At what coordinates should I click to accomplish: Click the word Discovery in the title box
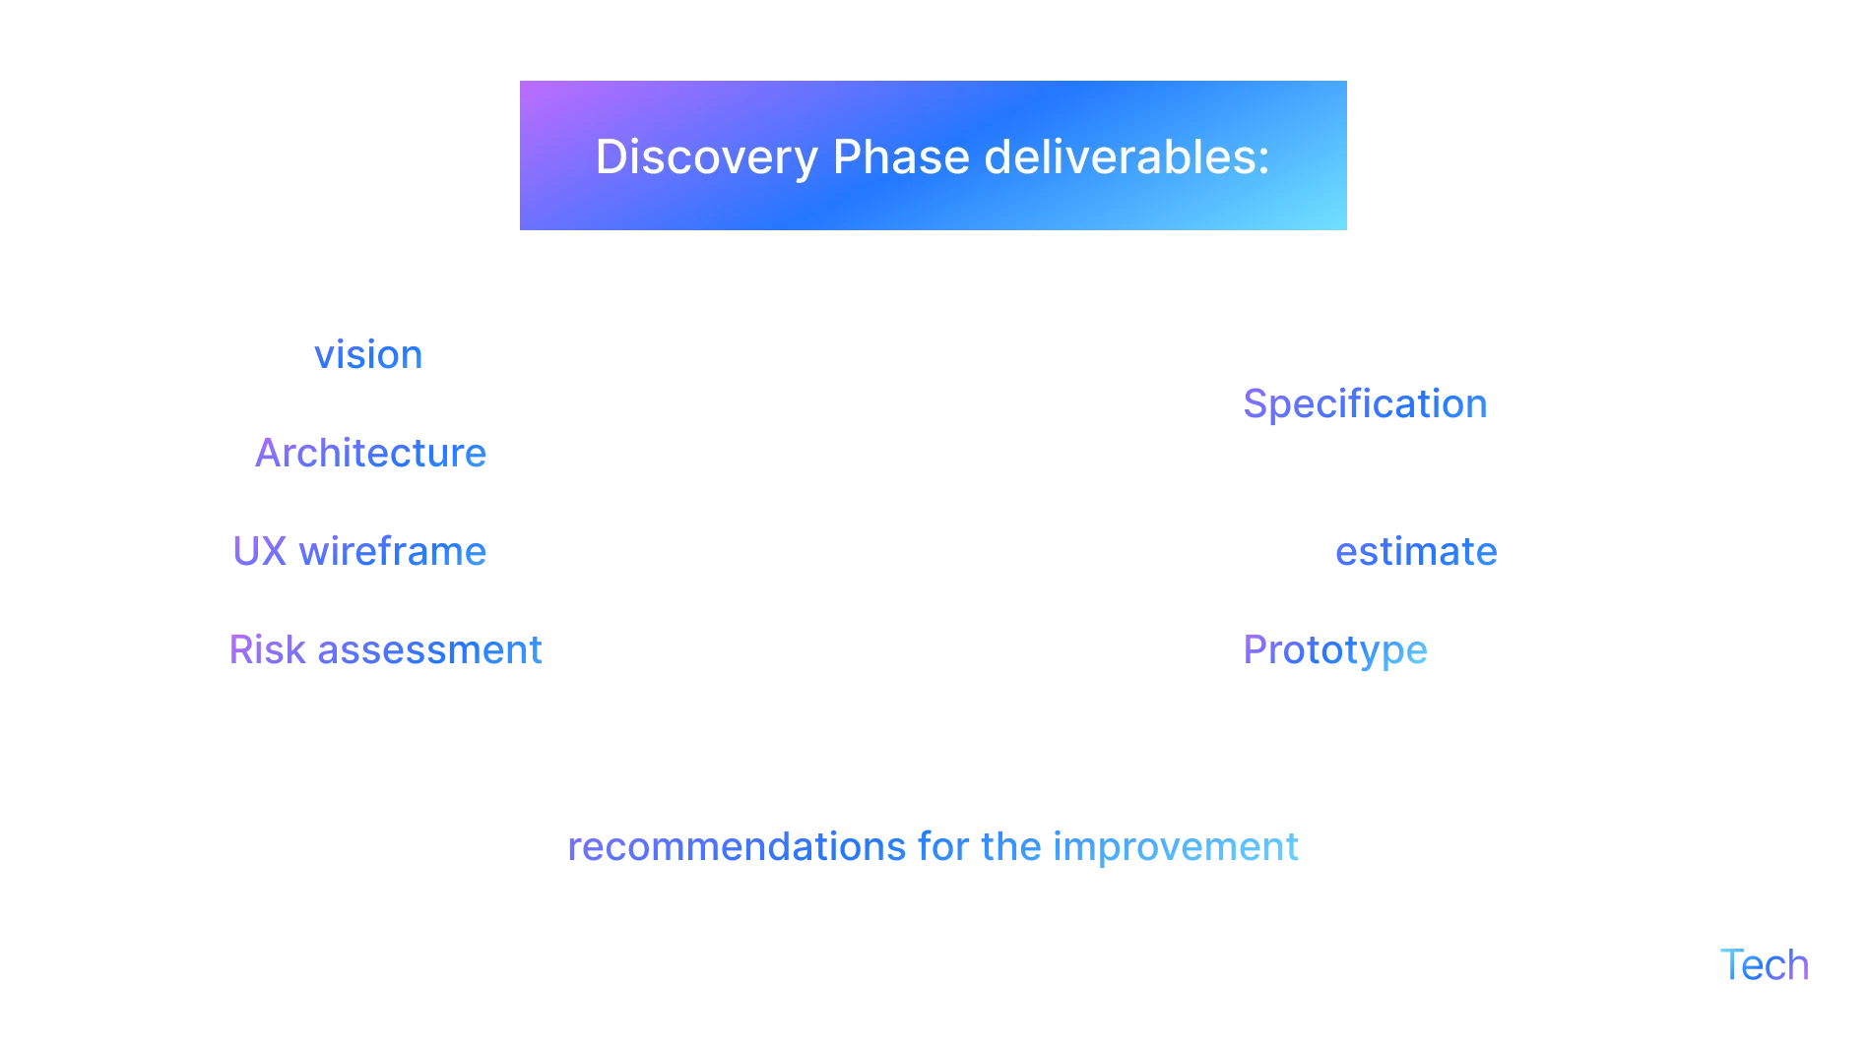pyautogui.click(x=706, y=157)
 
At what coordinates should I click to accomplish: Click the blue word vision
pyautogui.click(x=369, y=354)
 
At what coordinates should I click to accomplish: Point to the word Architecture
pyautogui.click(x=370, y=453)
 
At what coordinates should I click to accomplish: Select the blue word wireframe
pyautogui.click(x=392, y=551)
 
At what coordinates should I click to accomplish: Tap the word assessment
pyautogui.click(x=428, y=649)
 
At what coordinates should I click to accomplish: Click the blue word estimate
pyautogui.click(x=1414, y=551)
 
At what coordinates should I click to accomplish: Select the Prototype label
pyautogui.click(x=1336, y=650)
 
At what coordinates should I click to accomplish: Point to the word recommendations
pyautogui.click(x=736, y=847)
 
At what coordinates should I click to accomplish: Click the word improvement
pyautogui.click(x=1175, y=847)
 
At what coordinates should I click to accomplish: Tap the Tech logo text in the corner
pyautogui.click(x=1768, y=965)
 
